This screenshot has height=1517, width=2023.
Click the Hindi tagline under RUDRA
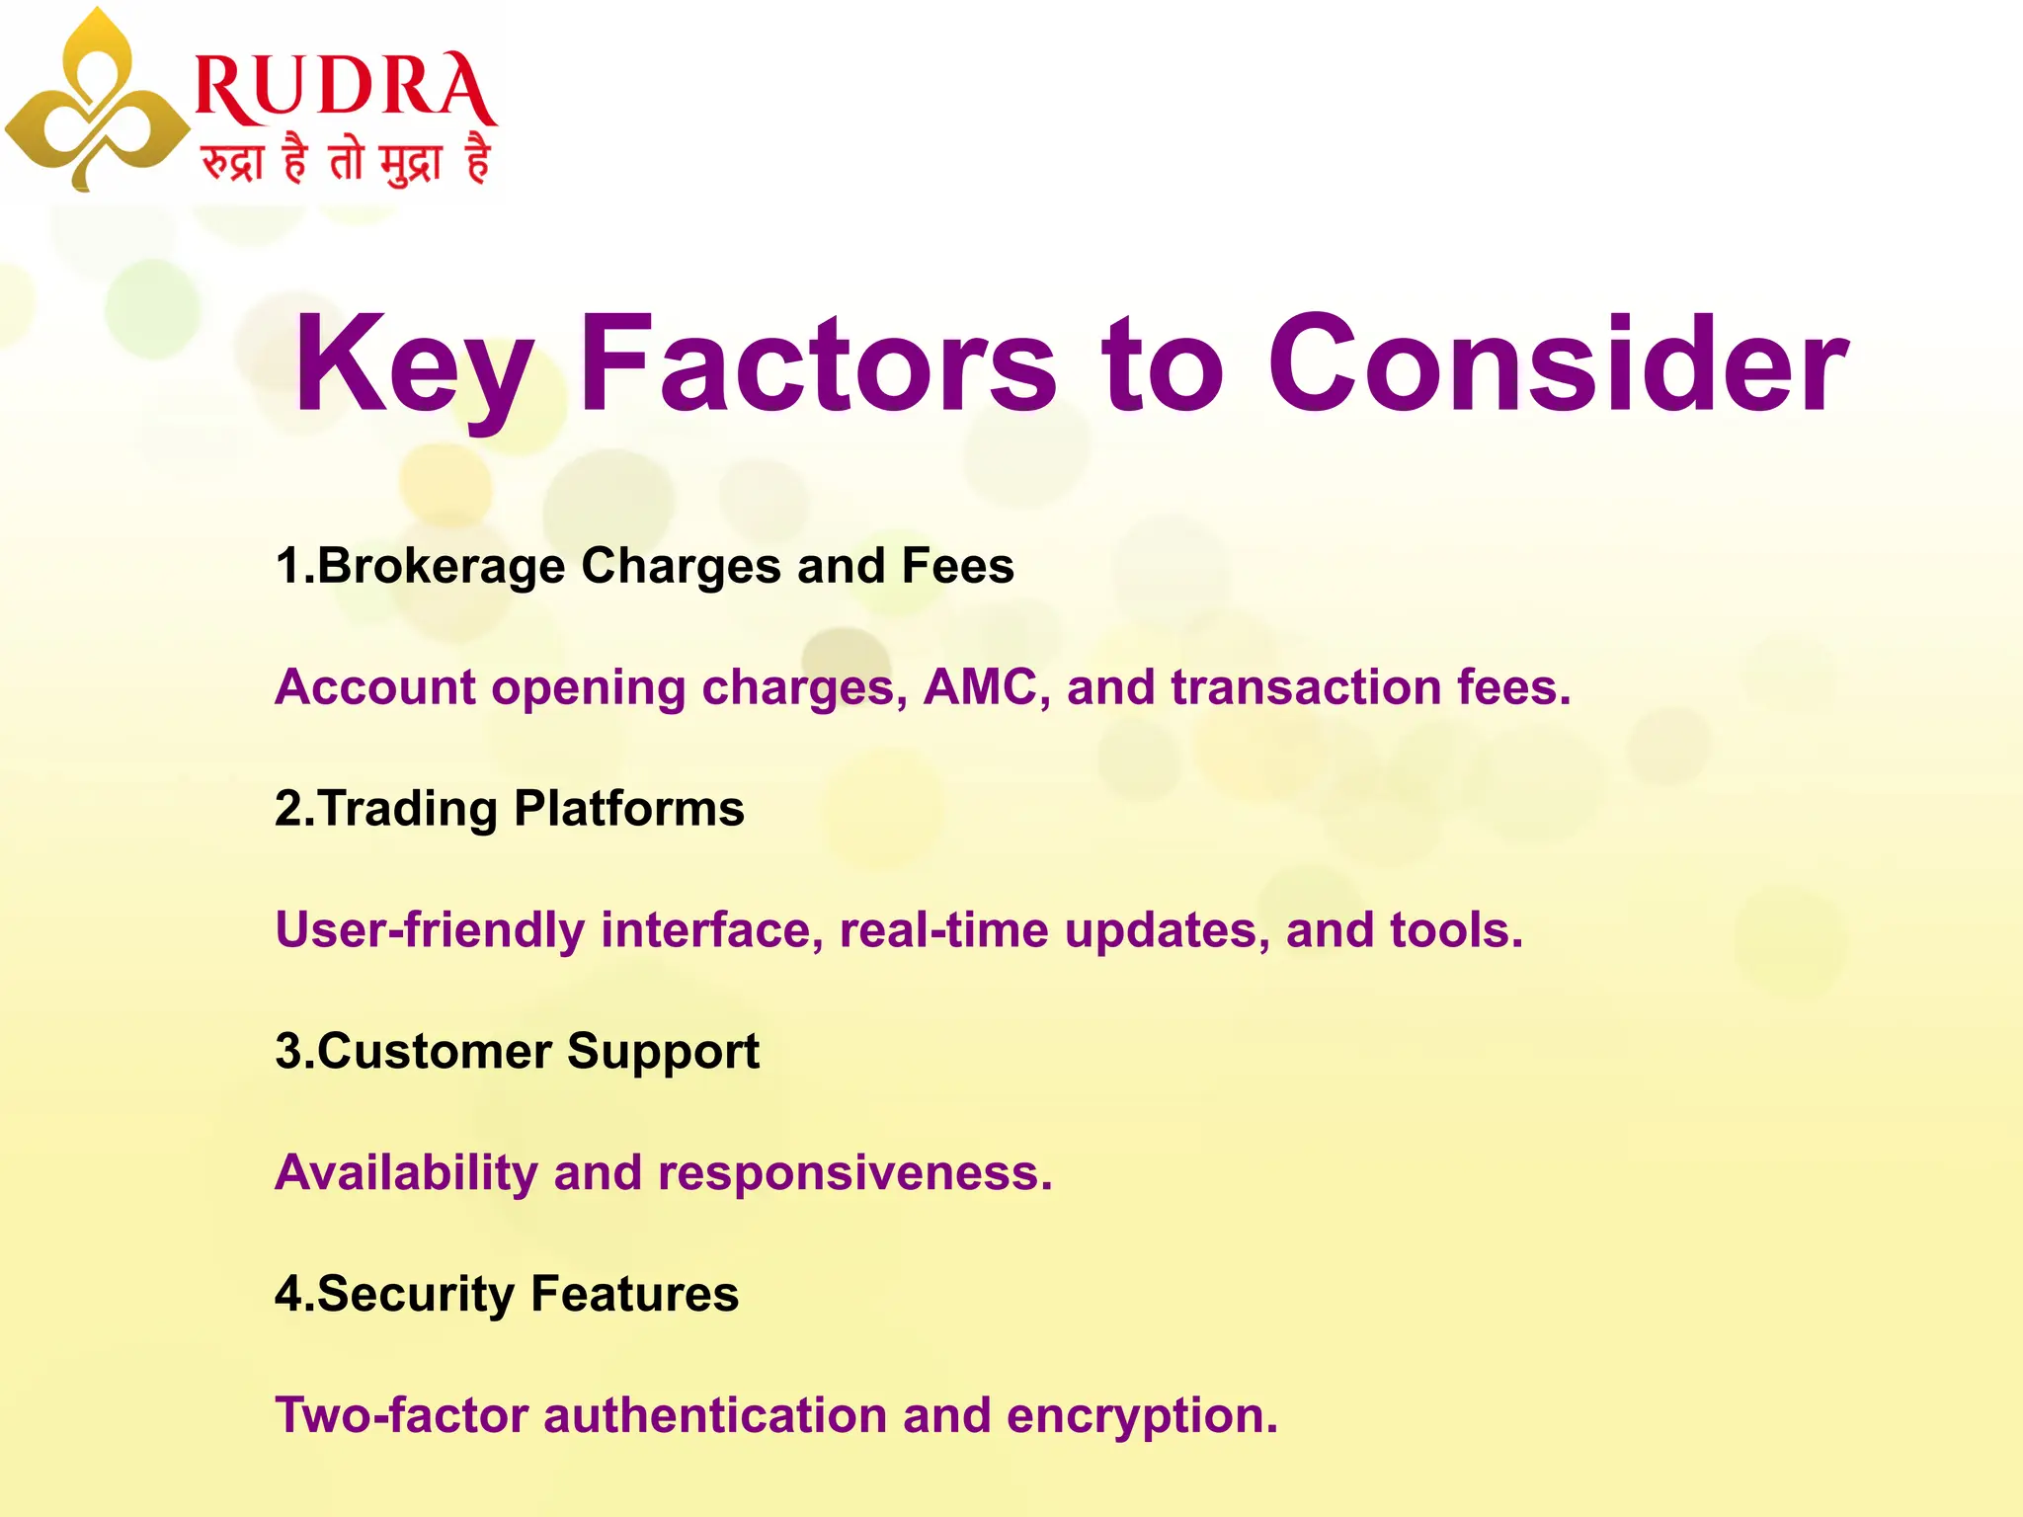(x=346, y=160)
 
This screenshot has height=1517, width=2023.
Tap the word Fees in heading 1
(x=957, y=567)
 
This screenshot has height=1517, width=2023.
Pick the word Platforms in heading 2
(x=628, y=809)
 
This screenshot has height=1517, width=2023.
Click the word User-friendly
(x=430, y=930)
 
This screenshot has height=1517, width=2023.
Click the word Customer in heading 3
(x=433, y=1052)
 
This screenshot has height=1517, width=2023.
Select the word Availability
(x=406, y=1173)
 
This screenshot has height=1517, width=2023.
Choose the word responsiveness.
(x=854, y=1173)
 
